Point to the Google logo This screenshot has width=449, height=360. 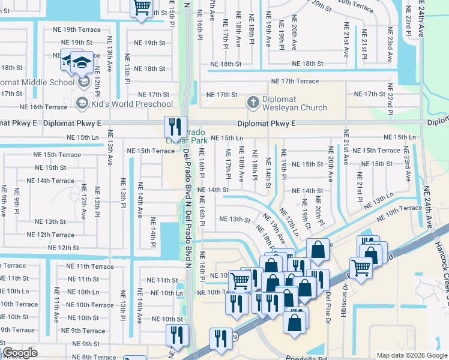20,353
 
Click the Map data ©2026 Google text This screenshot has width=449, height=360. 412,355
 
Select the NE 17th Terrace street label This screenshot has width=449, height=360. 295,81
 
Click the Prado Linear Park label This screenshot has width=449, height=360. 187,136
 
